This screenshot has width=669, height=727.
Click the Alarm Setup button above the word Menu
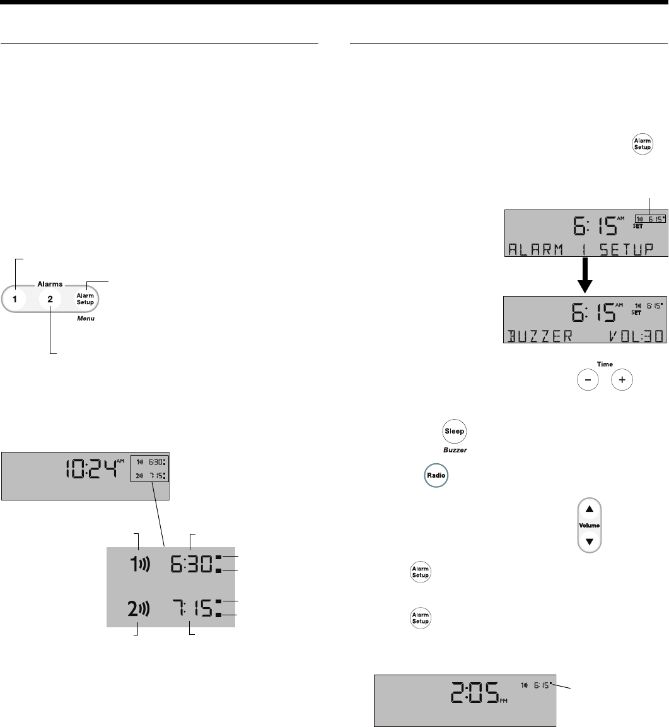85,298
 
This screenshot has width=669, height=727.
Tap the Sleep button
455,432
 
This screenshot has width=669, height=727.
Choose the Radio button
434,475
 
